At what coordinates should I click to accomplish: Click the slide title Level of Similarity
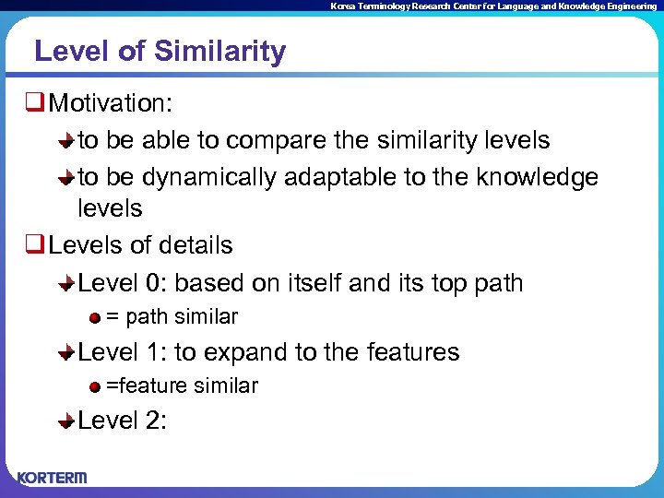[x=160, y=52]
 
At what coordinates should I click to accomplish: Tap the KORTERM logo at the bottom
[x=53, y=477]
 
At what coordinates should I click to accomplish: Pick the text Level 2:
[x=123, y=421]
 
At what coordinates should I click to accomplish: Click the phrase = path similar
[x=172, y=317]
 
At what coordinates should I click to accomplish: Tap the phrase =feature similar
[x=182, y=386]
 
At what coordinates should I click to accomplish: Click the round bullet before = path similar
[x=95, y=318]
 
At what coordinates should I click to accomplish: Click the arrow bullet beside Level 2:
[x=66, y=422]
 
